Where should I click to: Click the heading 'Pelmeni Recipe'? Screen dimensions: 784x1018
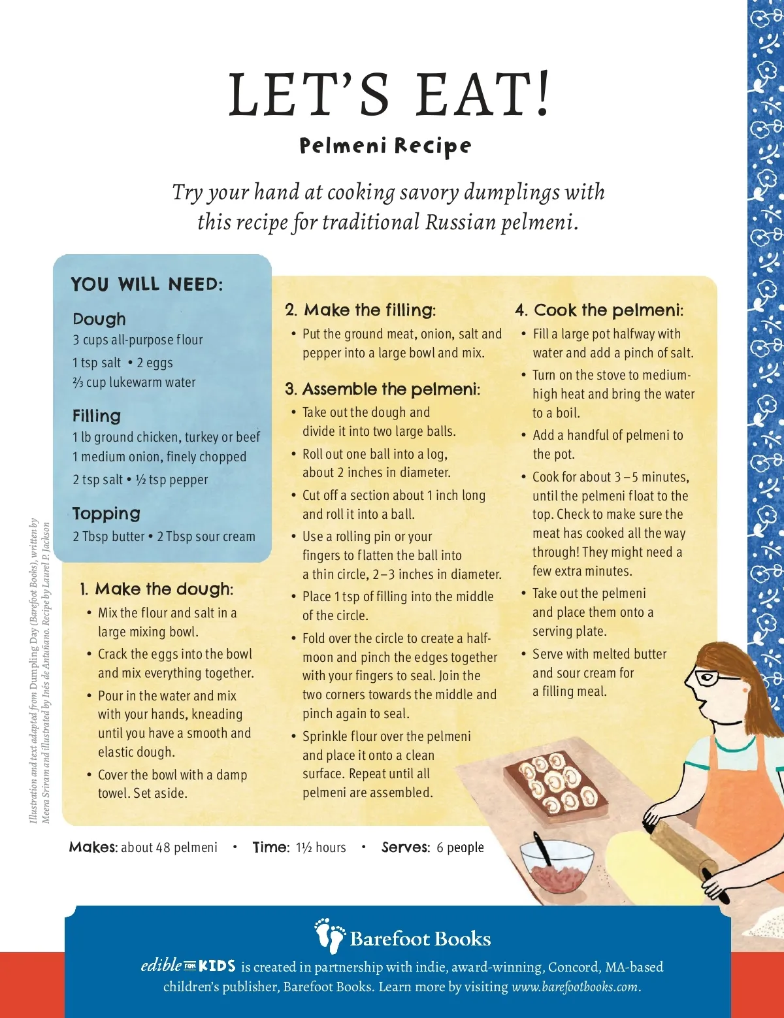tap(385, 146)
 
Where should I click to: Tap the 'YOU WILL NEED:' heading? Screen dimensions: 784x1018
tap(147, 284)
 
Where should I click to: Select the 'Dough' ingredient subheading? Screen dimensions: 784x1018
tap(99, 319)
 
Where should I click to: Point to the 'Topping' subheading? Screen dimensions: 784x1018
tap(106, 514)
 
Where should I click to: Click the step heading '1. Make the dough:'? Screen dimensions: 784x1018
tap(157, 589)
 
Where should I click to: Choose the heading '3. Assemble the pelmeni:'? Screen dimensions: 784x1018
tap(383, 389)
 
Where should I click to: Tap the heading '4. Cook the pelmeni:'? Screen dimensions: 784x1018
tap(600, 310)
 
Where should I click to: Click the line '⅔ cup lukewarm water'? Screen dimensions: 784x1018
tap(134, 382)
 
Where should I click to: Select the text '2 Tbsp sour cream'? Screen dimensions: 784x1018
tap(206, 536)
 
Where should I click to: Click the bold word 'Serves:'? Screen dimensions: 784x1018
tap(406, 847)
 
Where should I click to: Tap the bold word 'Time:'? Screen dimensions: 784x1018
tap(271, 847)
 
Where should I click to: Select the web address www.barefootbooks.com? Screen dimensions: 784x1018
tap(575, 986)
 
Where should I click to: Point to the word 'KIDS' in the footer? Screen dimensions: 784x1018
tap(218, 966)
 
